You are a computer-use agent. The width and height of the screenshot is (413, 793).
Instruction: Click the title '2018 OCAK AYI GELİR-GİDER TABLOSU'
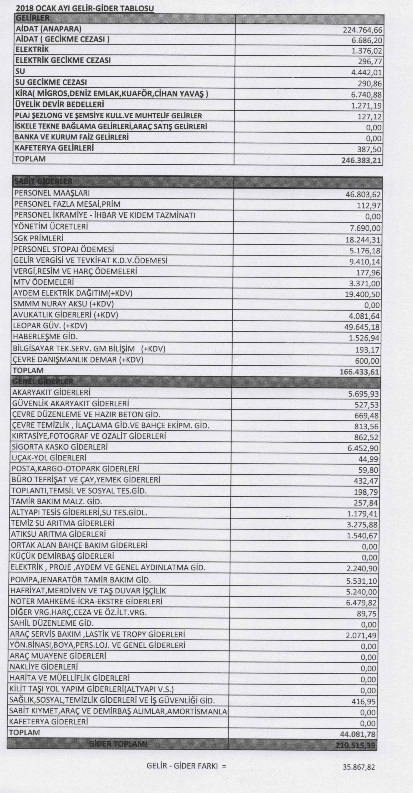[x=85, y=9]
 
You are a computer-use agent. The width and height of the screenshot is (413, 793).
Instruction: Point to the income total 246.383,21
[x=361, y=160]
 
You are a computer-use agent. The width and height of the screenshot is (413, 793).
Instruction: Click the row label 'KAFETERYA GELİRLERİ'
[x=54, y=148]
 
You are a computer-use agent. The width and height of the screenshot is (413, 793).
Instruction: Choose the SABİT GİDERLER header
[x=43, y=182]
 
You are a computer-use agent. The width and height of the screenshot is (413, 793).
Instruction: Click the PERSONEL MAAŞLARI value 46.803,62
[x=363, y=195]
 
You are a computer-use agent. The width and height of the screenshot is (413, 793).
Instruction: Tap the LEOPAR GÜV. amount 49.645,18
[x=362, y=327]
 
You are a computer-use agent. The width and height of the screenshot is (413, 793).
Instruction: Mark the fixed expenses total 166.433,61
[x=359, y=372]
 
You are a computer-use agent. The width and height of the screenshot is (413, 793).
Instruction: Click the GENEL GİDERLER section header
[x=43, y=382]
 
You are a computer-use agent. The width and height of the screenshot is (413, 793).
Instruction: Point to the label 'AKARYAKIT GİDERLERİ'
[x=51, y=392]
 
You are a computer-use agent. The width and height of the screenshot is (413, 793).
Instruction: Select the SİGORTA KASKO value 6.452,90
[x=363, y=448]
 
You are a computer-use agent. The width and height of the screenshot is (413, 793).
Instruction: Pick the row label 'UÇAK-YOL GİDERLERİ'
[x=49, y=458]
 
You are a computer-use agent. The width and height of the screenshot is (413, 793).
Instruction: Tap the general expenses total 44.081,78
[x=358, y=734]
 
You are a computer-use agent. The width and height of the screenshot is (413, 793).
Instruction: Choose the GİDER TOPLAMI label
[x=118, y=744]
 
